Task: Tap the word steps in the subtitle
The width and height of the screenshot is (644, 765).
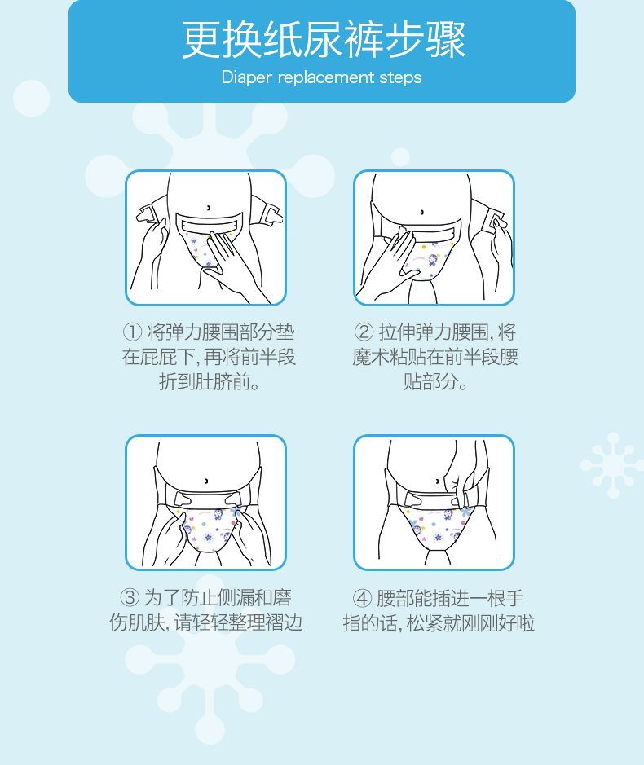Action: (x=400, y=78)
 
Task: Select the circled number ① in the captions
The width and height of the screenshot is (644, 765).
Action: (x=132, y=332)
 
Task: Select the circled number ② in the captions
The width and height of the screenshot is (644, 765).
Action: (x=364, y=332)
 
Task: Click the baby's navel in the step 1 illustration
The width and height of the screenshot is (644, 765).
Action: (x=208, y=208)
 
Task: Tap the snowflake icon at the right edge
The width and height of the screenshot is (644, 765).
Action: (x=612, y=465)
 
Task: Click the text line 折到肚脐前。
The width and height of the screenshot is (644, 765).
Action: (x=209, y=381)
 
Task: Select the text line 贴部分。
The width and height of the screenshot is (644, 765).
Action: (x=435, y=381)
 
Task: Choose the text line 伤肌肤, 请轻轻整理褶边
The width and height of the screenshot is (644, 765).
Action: (x=206, y=624)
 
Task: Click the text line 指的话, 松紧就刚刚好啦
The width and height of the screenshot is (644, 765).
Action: (x=439, y=624)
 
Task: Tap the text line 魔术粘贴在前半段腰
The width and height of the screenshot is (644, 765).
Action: (x=435, y=357)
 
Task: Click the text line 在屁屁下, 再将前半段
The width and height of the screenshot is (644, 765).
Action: (x=209, y=357)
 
